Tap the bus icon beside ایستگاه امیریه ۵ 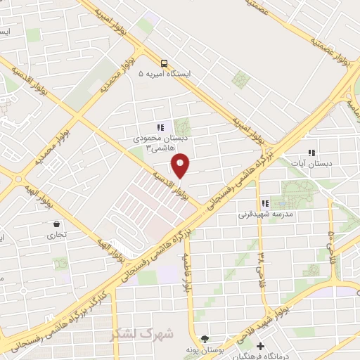[163, 62]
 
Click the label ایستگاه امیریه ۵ [169, 73]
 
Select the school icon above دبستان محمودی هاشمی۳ [160, 128]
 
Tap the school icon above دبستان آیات [311, 153]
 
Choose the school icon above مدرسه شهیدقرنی [265, 202]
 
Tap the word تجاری [56, 235]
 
